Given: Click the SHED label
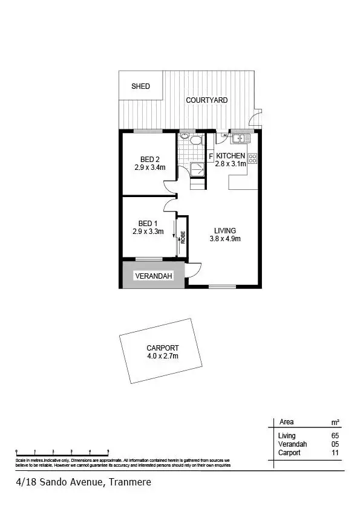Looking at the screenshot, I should coord(140,86).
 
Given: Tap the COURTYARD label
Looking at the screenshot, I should coord(206,100).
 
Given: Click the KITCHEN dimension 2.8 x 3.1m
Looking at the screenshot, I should coord(231,164).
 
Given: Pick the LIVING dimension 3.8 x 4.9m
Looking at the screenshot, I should coord(224,239).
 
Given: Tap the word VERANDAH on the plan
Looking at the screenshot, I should coord(154,276).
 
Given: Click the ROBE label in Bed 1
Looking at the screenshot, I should coord(181,237).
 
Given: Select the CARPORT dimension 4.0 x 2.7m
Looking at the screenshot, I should coord(162,356).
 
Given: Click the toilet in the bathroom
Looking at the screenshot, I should coord(195,141).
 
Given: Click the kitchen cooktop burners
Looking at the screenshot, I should coord(252,159).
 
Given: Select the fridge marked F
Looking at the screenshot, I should coord(211,157).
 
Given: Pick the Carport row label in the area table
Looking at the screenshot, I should coord(289,452).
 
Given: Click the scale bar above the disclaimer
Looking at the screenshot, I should coord(62,452).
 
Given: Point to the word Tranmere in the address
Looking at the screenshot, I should coord(129,482).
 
